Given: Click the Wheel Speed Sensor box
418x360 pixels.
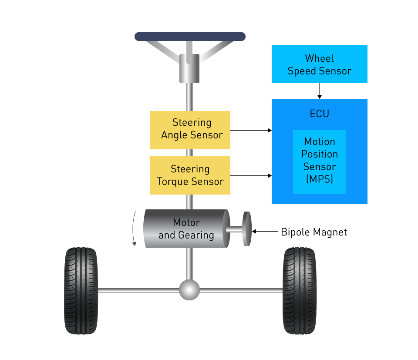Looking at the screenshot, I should click(319, 64).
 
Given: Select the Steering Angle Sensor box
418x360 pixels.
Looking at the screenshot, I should click(190, 130).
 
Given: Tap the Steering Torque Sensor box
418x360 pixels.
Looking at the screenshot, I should click(190, 175).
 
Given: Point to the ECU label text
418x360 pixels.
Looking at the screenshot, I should click(319, 114).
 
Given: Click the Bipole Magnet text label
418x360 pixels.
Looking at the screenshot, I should click(314, 232).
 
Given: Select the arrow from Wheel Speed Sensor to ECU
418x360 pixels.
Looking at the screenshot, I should click(319, 91).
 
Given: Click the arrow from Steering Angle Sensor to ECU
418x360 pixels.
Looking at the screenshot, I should click(251, 130).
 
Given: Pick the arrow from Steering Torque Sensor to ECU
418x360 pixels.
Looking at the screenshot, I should click(251, 176).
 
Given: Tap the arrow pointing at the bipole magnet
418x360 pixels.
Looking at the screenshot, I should click(266, 232).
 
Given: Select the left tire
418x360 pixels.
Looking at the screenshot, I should click(81, 290).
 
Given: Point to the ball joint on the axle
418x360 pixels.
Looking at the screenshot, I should click(189, 290).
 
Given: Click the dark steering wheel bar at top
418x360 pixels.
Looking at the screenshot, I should click(190, 37).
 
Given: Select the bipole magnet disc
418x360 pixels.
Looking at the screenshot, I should click(247, 229).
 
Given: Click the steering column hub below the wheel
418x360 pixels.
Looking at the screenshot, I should click(190, 68).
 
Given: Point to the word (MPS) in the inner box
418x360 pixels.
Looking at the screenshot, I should click(320, 179).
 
